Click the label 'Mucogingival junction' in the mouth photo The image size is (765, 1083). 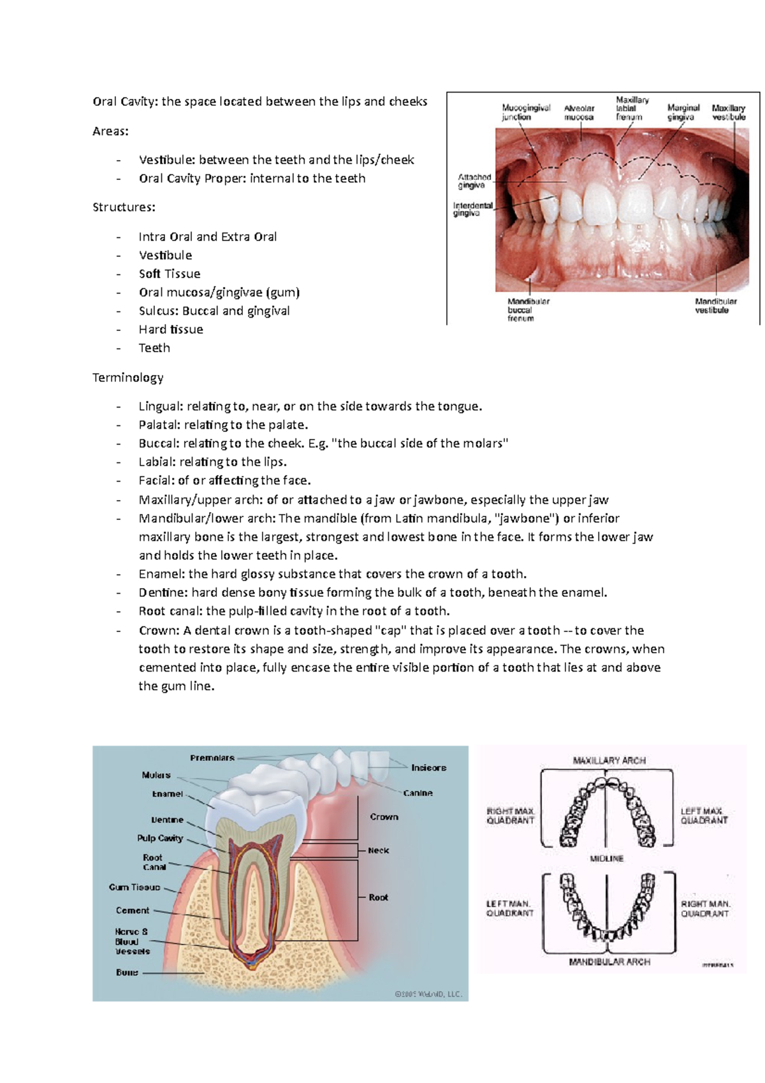pos(526,112)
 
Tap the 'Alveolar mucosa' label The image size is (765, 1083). pos(579,112)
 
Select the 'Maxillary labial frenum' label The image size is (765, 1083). pos(631,108)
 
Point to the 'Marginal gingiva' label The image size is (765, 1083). pos(683,112)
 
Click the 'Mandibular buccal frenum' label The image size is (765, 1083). pos(528,309)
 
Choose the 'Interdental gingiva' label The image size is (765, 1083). pos(472,209)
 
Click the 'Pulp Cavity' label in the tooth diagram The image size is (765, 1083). pos(160,838)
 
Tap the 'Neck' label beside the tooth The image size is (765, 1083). pos(378,850)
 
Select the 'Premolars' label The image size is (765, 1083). pos(212,758)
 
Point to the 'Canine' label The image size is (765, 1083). pos(418,793)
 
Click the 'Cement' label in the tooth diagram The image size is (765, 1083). pos(133,910)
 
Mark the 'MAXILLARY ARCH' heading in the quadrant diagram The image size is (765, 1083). pos(609,760)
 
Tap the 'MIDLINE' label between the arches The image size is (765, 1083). pos(606,858)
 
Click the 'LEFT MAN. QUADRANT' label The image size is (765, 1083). pos(509,908)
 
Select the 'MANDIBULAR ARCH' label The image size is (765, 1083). pos(609,962)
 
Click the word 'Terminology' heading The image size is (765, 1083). pos(127,378)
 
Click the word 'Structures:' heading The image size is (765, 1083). pos(124,207)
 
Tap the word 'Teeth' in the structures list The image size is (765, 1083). pos(154,348)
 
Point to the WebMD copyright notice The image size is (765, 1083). pos(428,994)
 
